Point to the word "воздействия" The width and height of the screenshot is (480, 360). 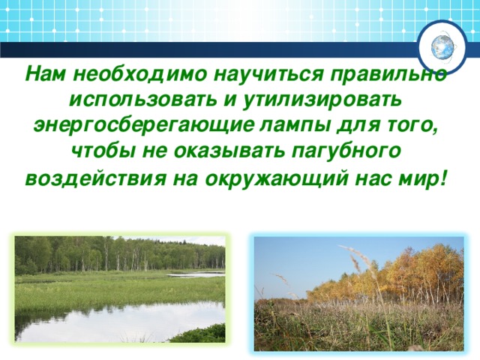[x=96, y=178]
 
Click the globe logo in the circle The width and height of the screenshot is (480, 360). [x=442, y=48]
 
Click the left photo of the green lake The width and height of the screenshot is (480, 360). [x=120, y=289]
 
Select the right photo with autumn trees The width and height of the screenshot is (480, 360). [x=358, y=293]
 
